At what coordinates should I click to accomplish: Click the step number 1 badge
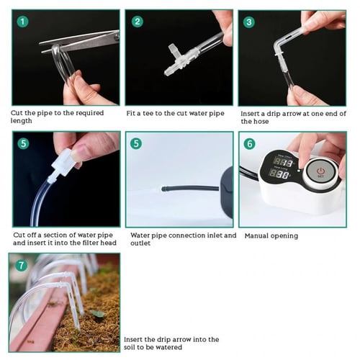point(22,22)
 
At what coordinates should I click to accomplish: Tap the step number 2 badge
point(138,22)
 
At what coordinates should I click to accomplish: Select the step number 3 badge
point(249,22)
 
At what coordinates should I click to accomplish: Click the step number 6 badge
point(250,144)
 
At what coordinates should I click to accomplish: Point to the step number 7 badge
point(21,266)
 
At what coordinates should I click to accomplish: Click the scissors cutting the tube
point(79,41)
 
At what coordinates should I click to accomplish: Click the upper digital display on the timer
point(284,163)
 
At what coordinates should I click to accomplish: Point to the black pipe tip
point(164,189)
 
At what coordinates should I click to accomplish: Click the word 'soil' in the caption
point(129,347)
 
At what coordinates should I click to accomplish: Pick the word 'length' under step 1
point(21,121)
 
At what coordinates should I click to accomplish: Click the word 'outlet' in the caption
point(140,243)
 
